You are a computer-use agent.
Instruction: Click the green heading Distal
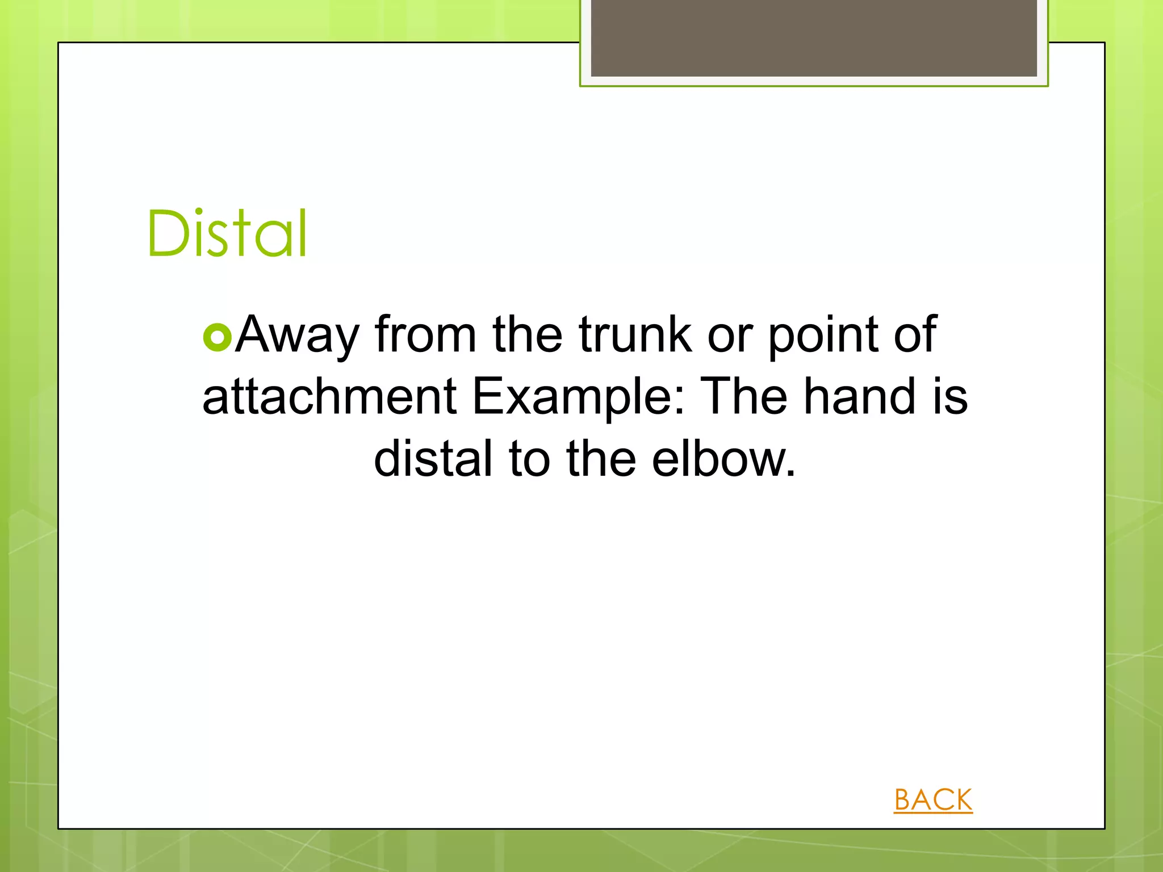(227, 233)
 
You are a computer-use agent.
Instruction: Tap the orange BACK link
(933, 800)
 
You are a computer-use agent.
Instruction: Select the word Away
(298, 336)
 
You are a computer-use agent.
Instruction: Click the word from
(425, 334)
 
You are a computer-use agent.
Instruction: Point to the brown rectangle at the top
(814, 37)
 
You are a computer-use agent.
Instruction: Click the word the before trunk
(528, 334)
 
